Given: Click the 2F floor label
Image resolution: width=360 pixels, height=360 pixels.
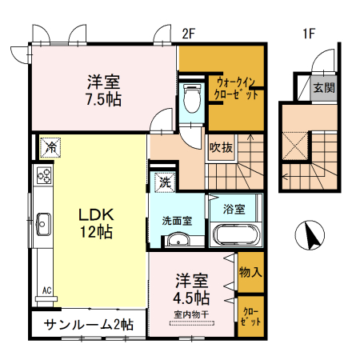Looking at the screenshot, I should [x=189, y=34].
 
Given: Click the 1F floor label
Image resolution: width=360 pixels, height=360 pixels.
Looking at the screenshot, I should [x=310, y=34].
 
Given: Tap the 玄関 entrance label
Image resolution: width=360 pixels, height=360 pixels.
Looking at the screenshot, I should [x=323, y=87].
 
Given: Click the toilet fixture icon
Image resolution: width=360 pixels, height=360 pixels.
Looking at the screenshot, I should [x=191, y=100].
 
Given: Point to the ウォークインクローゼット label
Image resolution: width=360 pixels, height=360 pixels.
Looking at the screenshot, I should [x=237, y=87].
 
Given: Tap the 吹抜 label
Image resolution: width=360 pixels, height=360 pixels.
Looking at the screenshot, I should [x=222, y=146].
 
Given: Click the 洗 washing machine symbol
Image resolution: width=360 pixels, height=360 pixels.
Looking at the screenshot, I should [x=164, y=182].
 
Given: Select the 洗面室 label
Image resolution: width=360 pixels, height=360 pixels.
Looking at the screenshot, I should [x=177, y=219].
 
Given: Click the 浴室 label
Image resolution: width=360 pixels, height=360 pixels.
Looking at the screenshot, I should [x=234, y=210].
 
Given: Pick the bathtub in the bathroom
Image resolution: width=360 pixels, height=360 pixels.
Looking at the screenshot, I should [x=234, y=235].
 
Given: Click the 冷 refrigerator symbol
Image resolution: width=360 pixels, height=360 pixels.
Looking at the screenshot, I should [x=50, y=147].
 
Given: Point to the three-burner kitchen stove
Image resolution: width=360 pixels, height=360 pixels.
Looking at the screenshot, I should [x=42, y=177].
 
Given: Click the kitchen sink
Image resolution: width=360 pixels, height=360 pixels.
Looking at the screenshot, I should [x=42, y=222].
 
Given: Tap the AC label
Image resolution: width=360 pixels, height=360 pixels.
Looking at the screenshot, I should [x=46, y=290].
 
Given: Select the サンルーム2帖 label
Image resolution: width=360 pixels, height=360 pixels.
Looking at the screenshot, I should [x=89, y=326].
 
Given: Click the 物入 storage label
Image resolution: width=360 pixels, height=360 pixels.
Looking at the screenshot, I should [x=250, y=272].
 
